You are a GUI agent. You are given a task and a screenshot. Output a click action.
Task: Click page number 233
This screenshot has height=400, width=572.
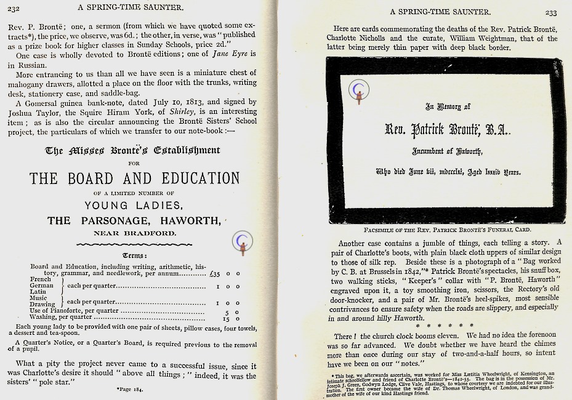pos(551,12)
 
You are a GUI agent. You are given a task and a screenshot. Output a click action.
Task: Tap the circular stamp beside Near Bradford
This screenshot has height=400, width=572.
pos(243,242)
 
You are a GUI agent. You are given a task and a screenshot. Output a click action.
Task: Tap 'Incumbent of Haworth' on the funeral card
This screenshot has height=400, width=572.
pos(448,151)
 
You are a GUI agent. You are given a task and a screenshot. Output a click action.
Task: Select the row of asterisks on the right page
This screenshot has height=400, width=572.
pos(445,325)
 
